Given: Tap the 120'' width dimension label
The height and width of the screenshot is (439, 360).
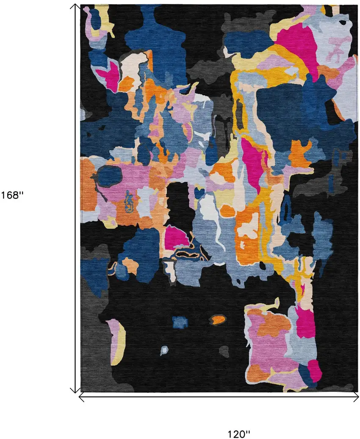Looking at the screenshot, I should click(x=239, y=434).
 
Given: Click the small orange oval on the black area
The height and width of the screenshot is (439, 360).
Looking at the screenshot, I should click(x=218, y=319).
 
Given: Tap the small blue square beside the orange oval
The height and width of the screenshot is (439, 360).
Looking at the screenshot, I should click(x=180, y=322).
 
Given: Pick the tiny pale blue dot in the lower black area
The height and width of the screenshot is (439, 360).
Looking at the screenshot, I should click(x=164, y=350).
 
